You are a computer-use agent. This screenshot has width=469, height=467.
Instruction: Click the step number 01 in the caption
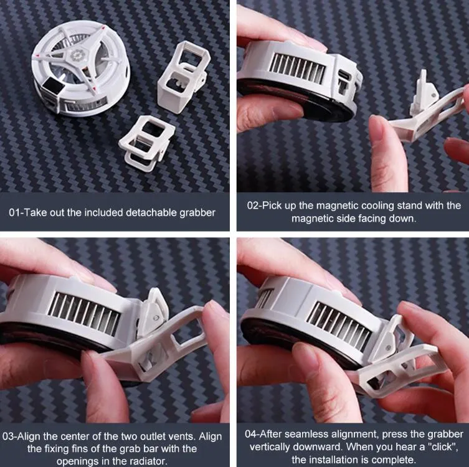14,212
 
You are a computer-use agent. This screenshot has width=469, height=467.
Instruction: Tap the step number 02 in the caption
253,205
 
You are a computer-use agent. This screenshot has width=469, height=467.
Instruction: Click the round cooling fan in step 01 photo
82,68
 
